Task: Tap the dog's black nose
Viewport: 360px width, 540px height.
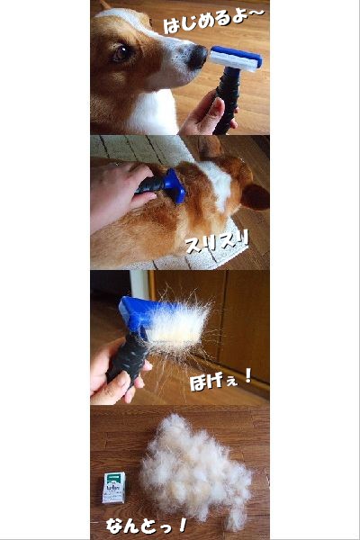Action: click(198, 57)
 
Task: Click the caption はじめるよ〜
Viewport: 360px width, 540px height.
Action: click(213, 21)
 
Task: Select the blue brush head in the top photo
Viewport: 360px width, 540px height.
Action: click(236, 58)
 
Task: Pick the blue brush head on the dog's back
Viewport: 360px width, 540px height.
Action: click(175, 185)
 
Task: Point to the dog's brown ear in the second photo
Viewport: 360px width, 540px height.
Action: click(255, 196)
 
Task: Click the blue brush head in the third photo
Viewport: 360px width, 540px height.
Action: click(138, 314)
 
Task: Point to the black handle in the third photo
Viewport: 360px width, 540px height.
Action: click(128, 356)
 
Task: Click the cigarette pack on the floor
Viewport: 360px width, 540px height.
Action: click(114, 487)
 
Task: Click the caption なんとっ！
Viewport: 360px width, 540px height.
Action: click(147, 526)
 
